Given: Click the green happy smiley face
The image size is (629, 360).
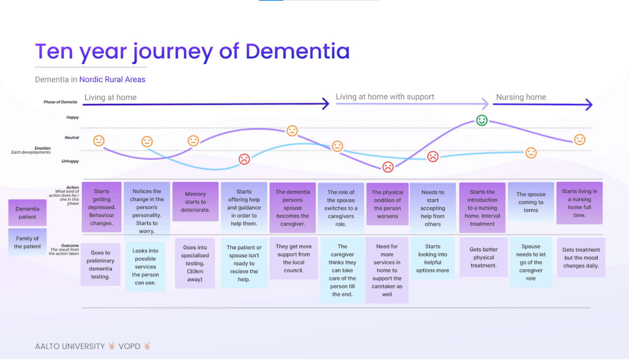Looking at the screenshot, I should (x=482, y=120).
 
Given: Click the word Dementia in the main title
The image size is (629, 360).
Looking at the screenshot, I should (x=297, y=51).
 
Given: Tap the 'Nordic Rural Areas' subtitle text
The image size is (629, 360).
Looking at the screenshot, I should (x=112, y=80).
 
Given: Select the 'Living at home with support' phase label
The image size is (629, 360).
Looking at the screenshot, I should (x=385, y=97).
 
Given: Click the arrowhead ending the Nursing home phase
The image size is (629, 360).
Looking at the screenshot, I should (x=589, y=104).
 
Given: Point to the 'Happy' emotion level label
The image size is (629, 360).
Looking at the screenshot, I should (x=73, y=117).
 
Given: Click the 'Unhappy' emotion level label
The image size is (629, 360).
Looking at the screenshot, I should (x=70, y=161).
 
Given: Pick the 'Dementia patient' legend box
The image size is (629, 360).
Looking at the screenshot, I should (x=27, y=213).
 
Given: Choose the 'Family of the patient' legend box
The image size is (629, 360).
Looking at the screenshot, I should (x=27, y=242).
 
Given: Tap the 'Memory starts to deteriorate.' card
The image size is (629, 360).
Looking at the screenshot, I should (x=195, y=202).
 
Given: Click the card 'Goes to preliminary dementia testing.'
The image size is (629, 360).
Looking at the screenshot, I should (x=100, y=264).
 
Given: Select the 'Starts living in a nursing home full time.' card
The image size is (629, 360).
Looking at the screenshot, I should (x=579, y=203).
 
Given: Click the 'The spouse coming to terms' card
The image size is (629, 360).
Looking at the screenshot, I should (x=531, y=202).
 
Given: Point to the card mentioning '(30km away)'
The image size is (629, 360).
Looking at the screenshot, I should (x=195, y=263).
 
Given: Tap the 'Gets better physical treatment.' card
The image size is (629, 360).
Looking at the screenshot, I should (x=484, y=257).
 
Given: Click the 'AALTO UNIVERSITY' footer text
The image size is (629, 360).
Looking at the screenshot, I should (x=70, y=346).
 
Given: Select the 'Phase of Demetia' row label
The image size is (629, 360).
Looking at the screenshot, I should (x=60, y=102).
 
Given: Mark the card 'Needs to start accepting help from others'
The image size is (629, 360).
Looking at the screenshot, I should (x=433, y=208).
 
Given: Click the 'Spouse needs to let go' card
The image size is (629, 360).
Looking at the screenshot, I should (x=531, y=262).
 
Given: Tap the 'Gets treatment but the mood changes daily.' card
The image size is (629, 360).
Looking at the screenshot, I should (x=581, y=258).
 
